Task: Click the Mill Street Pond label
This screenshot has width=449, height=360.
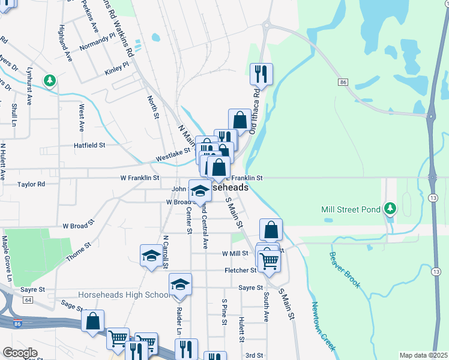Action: click(x=351, y=209)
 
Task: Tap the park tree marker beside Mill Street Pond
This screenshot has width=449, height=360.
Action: click(x=390, y=209)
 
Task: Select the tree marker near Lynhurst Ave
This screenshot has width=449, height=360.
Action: click(x=49, y=80)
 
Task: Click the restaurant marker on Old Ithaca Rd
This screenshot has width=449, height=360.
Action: click(x=261, y=74)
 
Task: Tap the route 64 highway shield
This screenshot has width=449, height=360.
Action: click(x=28, y=299)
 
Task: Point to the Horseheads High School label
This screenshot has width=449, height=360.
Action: click(x=124, y=295)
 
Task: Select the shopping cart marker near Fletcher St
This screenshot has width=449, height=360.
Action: click(x=269, y=261)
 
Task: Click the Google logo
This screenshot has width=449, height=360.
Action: click(x=20, y=352)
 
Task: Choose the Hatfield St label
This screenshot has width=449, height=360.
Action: click(x=89, y=145)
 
